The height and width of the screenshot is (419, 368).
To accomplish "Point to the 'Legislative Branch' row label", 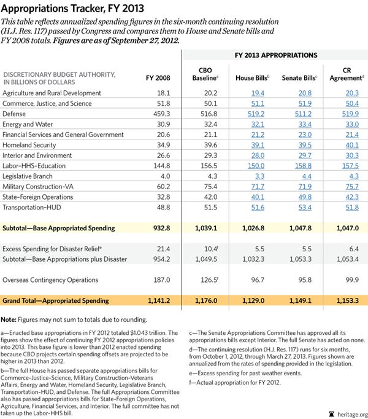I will click(x=28, y=176).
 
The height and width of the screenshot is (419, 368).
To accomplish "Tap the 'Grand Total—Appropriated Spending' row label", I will click(x=58, y=301).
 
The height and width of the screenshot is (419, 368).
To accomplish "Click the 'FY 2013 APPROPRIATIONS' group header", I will click(x=274, y=55).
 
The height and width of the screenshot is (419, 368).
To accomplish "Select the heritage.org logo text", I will click(x=348, y=413).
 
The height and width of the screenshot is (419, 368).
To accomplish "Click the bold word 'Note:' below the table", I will click(x=12, y=319).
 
